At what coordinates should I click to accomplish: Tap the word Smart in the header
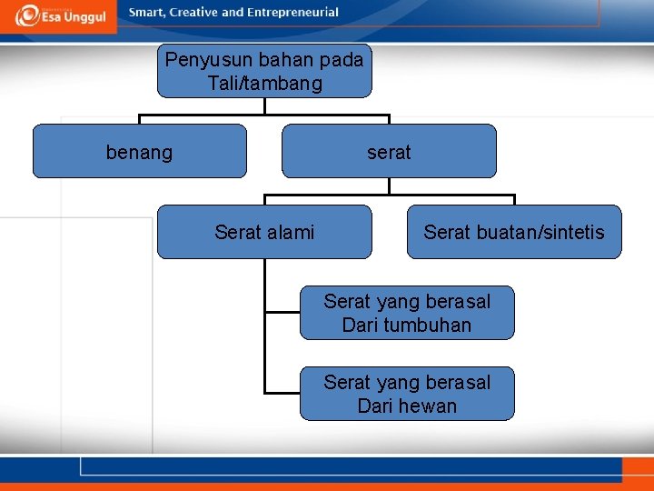[x=148, y=13]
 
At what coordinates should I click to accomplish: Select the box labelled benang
[x=139, y=151]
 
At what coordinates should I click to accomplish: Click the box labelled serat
[x=389, y=151]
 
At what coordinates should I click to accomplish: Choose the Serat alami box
[x=264, y=232]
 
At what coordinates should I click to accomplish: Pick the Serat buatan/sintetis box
[x=513, y=232]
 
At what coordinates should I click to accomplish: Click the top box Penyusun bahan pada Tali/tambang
[x=264, y=71]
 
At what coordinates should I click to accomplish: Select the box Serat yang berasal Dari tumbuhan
[x=407, y=313]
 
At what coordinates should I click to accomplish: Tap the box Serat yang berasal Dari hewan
[x=407, y=394]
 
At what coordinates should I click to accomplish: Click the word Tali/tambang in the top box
[x=264, y=84]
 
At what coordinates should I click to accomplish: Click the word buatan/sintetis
[x=540, y=233]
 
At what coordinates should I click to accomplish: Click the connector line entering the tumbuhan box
[x=282, y=312]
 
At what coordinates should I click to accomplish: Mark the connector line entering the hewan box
[x=282, y=393]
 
